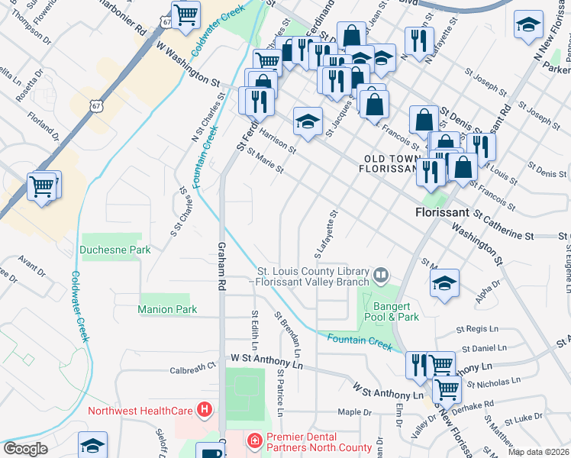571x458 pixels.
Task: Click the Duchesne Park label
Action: [x=115, y=250]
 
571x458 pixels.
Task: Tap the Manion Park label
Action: [x=167, y=309]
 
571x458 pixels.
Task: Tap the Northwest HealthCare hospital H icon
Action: [x=204, y=411]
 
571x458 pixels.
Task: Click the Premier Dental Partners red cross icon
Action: [x=253, y=440]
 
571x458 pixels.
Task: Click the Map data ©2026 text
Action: [x=539, y=452]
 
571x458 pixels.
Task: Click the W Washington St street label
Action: [x=188, y=66]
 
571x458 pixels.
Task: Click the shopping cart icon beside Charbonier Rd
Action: [x=185, y=15]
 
